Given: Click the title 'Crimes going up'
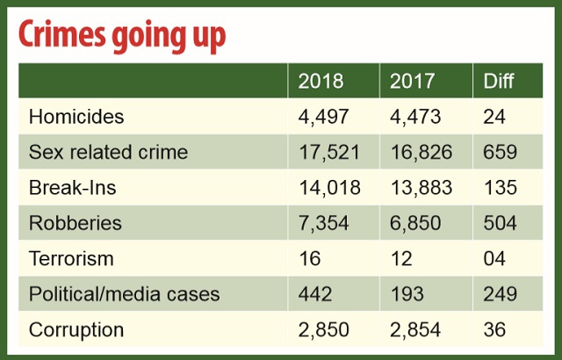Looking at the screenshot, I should tap(123, 35).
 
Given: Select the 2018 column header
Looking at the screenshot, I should tap(321, 82).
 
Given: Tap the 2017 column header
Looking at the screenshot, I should tap(413, 82).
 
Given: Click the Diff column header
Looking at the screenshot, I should tap(499, 82).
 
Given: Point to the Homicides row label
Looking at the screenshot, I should tap(76, 117).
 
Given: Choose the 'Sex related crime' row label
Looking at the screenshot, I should tap(108, 152).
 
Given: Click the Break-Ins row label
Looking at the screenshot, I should tap(72, 188).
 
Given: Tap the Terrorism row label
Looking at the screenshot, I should tap(71, 259).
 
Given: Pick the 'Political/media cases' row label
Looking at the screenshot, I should tap(123, 295).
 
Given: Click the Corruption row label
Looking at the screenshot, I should tap(76, 330).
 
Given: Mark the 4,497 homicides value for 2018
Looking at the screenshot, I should tap(324, 117).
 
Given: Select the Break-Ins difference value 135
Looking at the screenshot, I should tap(500, 188).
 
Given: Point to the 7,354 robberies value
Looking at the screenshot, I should tap(324, 223).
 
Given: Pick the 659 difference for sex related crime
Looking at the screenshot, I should tap(500, 152).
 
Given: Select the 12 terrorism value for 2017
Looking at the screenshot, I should tap(400, 259).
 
